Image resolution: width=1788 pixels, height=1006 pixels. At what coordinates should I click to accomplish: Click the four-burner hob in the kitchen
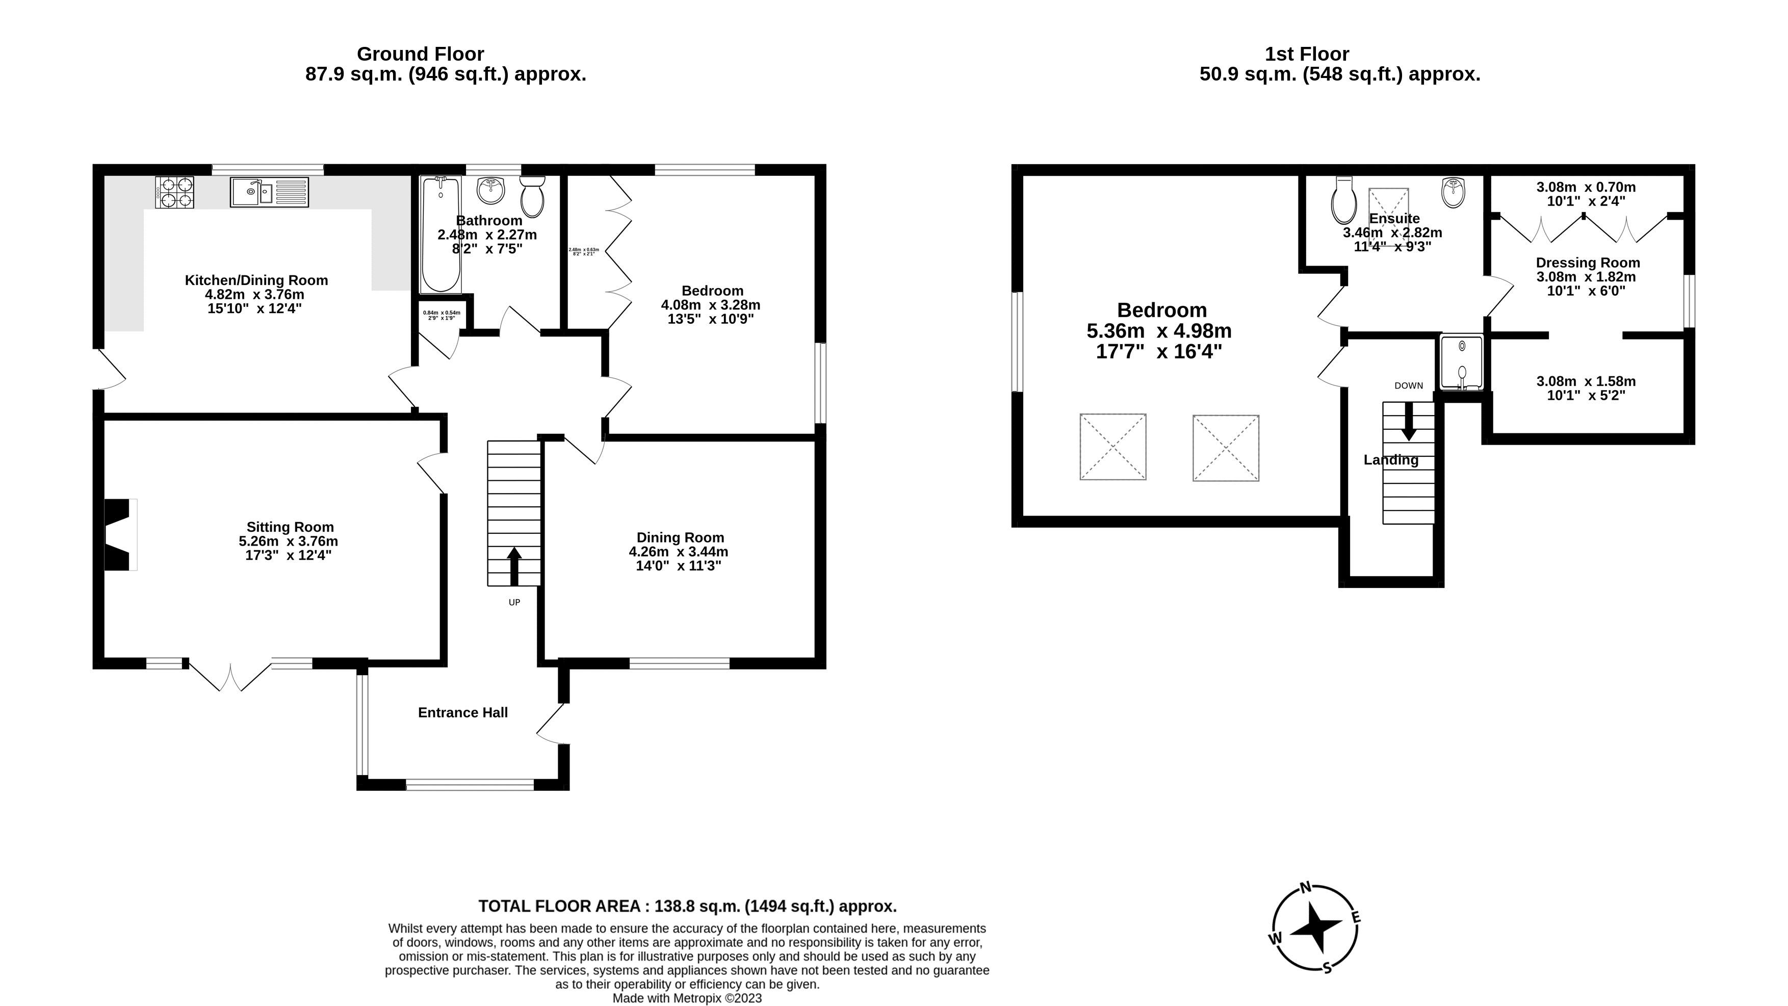coord(175,192)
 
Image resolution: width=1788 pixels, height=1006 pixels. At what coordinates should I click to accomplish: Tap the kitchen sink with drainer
coord(269,192)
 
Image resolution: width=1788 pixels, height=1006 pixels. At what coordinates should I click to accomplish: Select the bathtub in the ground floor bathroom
coord(440,234)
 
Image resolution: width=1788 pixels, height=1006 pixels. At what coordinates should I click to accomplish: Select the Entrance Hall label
coord(463,712)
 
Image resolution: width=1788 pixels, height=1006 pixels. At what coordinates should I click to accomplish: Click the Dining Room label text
coord(680,537)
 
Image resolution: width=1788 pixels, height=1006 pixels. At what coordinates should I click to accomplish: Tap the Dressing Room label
coord(1588,263)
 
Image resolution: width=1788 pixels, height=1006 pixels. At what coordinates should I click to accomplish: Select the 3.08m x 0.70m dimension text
coord(1586,187)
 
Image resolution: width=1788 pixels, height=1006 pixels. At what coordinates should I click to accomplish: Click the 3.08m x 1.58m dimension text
coord(1586,381)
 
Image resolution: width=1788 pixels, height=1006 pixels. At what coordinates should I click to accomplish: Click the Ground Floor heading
coord(420,54)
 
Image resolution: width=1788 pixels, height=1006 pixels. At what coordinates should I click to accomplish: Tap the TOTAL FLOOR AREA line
coord(687,906)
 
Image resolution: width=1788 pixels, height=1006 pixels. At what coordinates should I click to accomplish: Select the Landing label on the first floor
coord(1390,459)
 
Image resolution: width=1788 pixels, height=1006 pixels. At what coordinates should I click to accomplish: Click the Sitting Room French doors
coord(230,674)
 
